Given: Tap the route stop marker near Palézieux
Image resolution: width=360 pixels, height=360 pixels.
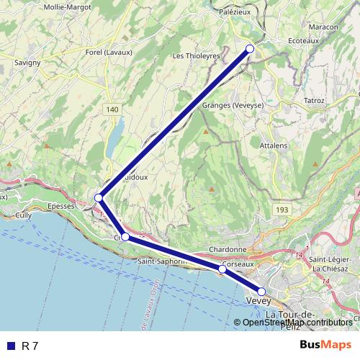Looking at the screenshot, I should click(251, 48).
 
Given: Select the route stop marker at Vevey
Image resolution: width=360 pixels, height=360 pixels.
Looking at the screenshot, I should click(261, 292).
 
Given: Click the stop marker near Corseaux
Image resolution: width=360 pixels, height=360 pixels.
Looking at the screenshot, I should click(222, 269).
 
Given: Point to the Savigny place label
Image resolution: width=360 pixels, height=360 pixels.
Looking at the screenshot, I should click(27, 63).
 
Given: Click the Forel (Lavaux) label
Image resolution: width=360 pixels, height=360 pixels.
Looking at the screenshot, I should click(109, 53).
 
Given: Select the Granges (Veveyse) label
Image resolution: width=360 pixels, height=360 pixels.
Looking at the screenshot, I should click(233, 105).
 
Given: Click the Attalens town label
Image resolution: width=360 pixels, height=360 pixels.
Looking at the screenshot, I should click(273, 145).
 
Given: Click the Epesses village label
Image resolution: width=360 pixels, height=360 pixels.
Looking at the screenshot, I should click(60, 206).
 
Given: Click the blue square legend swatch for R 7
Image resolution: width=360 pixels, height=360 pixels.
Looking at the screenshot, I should click(10, 346).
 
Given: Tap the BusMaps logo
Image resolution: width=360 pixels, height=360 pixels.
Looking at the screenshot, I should click(325, 345).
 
